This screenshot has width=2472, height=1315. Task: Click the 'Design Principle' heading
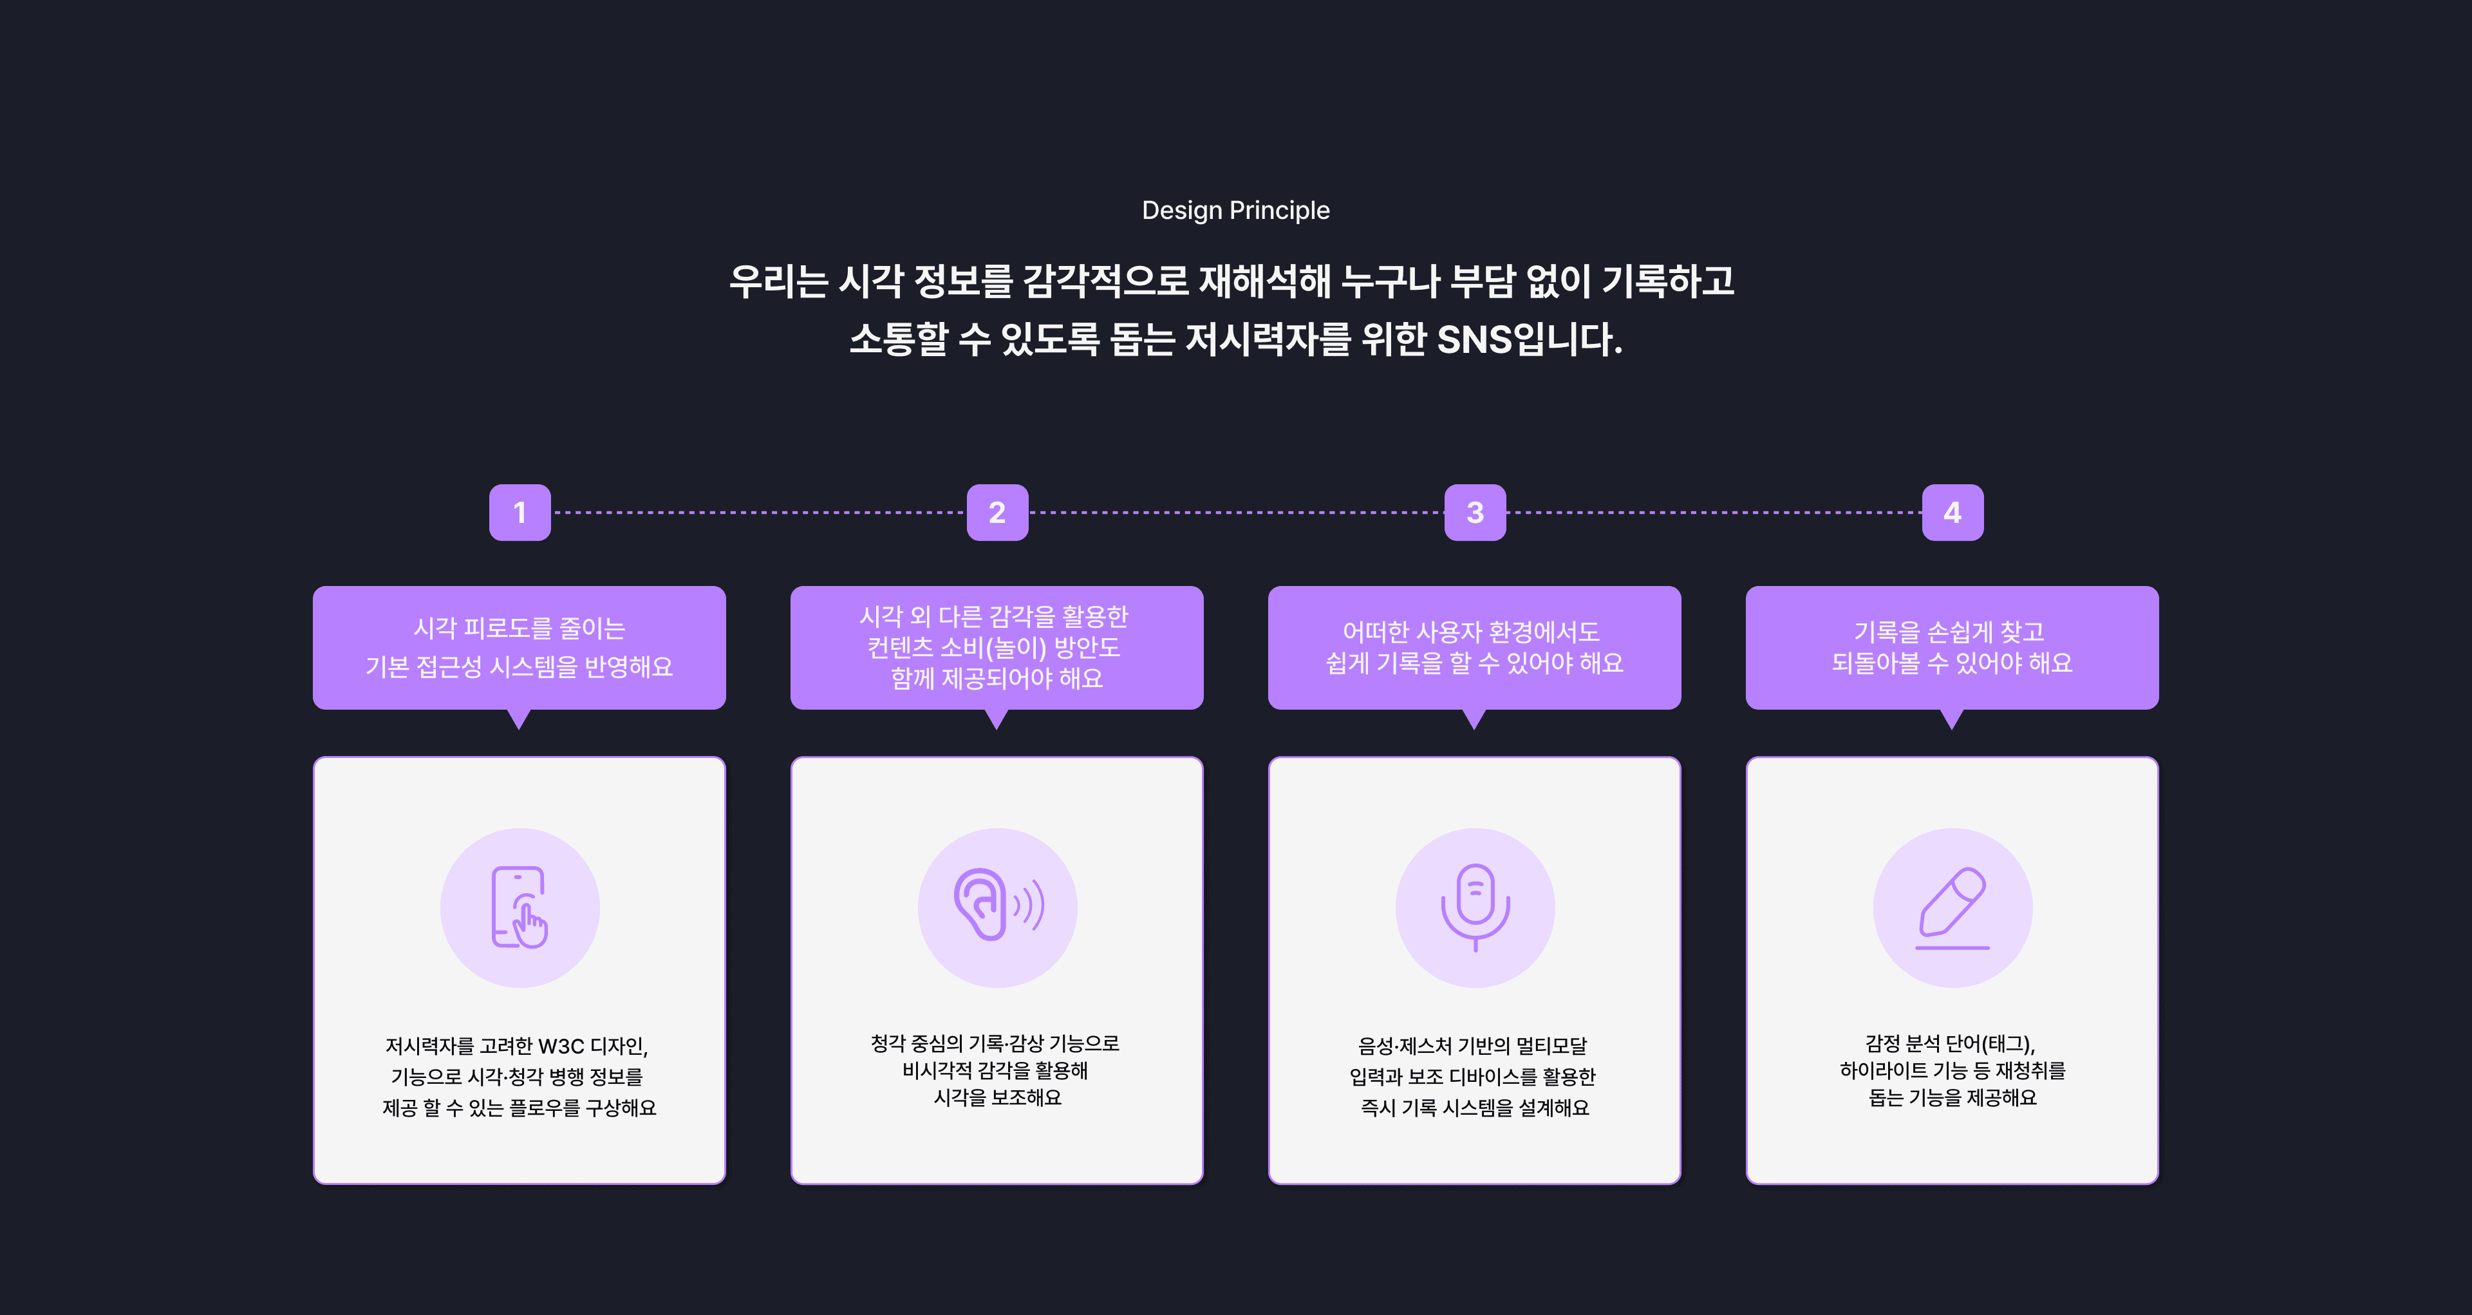pos(1235,210)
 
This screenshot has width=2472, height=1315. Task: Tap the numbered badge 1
pos(519,513)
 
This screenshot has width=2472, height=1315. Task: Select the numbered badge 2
pos(997,513)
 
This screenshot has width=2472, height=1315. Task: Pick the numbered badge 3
pos(1475,513)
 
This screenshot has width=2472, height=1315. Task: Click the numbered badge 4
pos(1952,513)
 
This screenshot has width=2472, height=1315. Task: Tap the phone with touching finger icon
pos(519,907)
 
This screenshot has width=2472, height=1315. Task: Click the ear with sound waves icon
pos(997,907)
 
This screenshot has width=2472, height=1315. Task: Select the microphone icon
pos(1475,907)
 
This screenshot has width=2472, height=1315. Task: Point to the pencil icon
pos(1952,907)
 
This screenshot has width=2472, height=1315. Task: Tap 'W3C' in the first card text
pos(561,1045)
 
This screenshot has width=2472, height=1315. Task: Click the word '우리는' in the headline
pos(777,281)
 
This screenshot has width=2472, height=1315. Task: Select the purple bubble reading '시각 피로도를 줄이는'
pos(519,647)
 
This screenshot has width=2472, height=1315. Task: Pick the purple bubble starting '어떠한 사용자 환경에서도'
pos(1474,647)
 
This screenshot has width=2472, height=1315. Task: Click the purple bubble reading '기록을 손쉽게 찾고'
pos(1952,647)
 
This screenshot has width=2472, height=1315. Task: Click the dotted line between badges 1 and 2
pos(758,513)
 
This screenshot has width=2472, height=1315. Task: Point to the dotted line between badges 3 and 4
pos(1714,513)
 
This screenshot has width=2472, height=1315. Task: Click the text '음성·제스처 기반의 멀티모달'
pos(1472,1045)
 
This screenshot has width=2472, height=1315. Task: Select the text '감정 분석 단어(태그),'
pos(1950,1043)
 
